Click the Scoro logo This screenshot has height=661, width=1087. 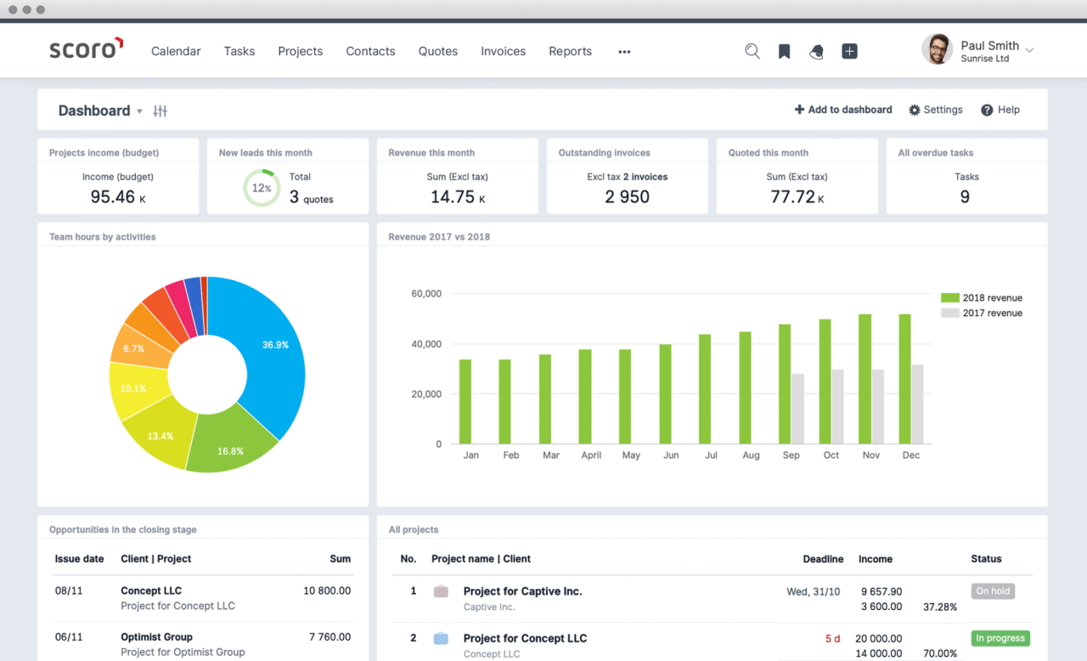pyautogui.click(x=86, y=49)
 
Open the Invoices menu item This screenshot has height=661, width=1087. pyautogui.click(x=503, y=51)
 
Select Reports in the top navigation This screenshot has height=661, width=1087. pyautogui.click(x=570, y=51)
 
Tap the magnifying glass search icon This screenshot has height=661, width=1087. pyautogui.click(x=752, y=51)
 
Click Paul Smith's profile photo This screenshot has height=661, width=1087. pyautogui.click(x=937, y=49)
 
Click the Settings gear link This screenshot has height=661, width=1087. pyautogui.click(x=935, y=110)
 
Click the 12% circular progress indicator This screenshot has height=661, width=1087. pyautogui.click(x=261, y=188)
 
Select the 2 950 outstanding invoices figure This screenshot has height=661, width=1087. pyautogui.click(x=627, y=197)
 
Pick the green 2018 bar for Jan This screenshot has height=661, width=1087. pyautogui.click(x=465, y=401)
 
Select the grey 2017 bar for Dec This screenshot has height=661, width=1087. pyautogui.click(x=917, y=404)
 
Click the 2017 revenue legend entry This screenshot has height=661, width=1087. pyautogui.click(x=983, y=313)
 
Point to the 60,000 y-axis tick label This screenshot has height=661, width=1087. pyautogui.click(x=426, y=294)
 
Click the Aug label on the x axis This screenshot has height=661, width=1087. pyautogui.click(x=751, y=455)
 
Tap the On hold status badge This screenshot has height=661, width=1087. pyautogui.click(x=993, y=591)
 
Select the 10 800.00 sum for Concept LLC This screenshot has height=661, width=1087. pyautogui.click(x=327, y=590)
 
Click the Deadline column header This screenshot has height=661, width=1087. pyautogui.click(x=823, y=559)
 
